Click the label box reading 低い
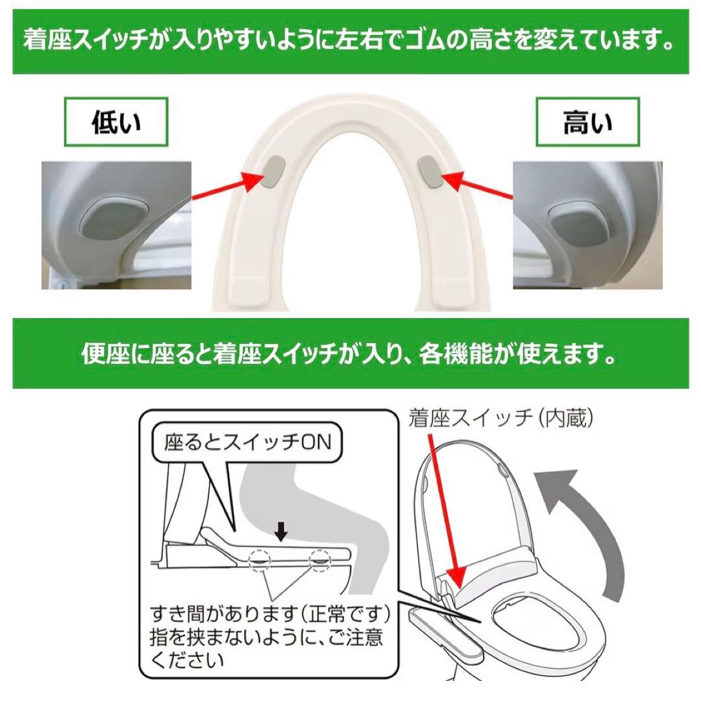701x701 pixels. point(116,121)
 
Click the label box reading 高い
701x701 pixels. point(587,121)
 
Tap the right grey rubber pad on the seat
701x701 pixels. point(430,171)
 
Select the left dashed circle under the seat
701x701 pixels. point(260,560)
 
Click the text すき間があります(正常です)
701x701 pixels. point(270,614)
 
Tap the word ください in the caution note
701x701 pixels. point(187,659)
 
